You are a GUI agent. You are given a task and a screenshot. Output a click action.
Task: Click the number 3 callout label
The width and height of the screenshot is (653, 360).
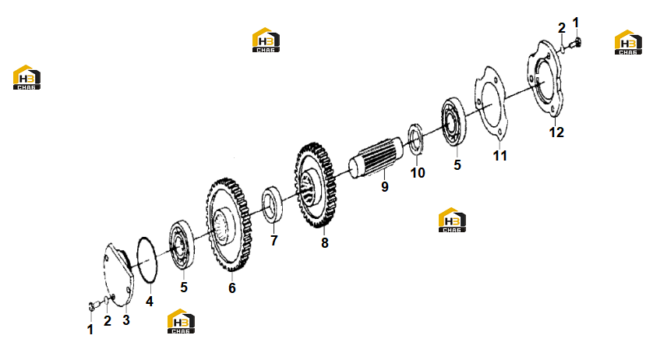pos(126,320)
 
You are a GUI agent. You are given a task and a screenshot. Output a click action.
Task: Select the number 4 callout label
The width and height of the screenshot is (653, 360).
pos(150,302)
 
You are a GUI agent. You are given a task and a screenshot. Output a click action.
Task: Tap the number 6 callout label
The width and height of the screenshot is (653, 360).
pos(232,288)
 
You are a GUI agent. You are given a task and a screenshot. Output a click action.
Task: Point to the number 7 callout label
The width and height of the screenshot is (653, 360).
pos(274,241)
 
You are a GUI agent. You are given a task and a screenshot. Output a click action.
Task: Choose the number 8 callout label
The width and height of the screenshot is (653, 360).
pos(325,242)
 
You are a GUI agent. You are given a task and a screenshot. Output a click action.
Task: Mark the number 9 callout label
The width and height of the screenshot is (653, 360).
pos(385,187)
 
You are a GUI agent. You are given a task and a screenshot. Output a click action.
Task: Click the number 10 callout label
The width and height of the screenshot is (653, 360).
pos(418,172)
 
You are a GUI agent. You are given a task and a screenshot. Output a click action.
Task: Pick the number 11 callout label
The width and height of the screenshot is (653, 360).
pos(500,155)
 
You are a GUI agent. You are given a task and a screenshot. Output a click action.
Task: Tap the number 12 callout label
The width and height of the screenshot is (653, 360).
pos(556,132)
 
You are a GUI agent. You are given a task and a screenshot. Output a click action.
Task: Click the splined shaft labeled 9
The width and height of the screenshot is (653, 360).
pos(376,158)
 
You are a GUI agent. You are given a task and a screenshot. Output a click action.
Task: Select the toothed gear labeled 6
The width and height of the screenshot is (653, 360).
pos(228,225)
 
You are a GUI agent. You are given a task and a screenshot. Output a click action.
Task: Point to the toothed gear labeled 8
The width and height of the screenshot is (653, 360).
pos(316,185)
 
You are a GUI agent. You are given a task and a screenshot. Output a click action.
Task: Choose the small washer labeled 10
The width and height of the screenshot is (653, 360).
pos(415,139)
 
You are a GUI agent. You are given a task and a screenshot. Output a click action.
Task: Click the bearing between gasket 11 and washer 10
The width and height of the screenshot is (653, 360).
pos(454,122)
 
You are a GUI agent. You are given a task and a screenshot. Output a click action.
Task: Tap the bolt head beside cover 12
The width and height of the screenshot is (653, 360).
pos(577,41)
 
